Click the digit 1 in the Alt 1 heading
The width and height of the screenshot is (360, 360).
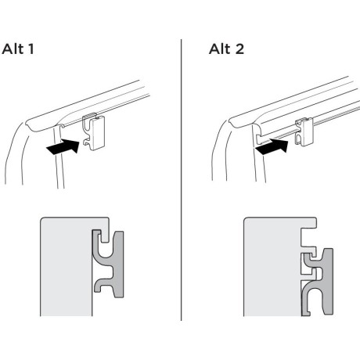31,49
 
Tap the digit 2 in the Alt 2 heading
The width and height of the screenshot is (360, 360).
239,49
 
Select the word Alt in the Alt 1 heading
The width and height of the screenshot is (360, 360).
13,49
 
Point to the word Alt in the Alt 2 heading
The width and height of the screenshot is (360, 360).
220,49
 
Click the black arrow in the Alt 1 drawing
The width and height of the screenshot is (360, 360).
63,146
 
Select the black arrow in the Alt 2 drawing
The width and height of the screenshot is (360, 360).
272,146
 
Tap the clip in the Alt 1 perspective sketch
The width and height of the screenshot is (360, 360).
94,132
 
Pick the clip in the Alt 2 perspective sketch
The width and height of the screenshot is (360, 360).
304,131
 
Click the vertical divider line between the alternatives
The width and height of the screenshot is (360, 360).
181,180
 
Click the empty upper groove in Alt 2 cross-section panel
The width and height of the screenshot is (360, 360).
308,237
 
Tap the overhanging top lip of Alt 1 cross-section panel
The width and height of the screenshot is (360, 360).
104,229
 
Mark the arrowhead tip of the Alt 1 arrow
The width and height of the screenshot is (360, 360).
79,141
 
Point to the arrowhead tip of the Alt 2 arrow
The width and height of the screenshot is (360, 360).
289,141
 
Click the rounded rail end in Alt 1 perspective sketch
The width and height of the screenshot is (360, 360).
29,125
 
